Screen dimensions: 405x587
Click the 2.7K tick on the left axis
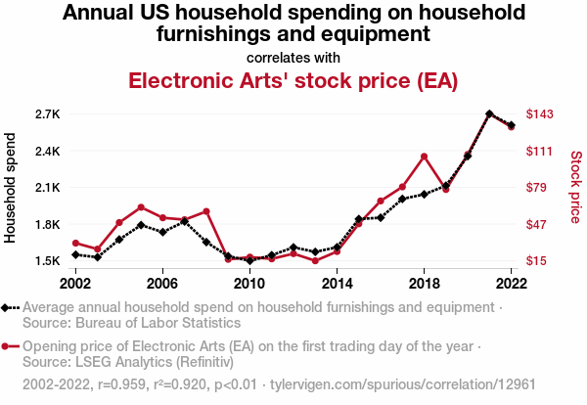coord(47,114)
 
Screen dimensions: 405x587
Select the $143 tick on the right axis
coord(540,114)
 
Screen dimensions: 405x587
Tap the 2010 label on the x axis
coord(249,283)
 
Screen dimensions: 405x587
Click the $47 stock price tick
coord(540,224)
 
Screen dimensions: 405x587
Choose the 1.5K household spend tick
coord(47,261)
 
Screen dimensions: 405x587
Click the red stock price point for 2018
coord(424,157)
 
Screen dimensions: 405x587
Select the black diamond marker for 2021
coord(489,114)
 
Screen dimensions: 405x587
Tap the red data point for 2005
coord(141,207)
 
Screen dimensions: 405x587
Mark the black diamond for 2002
coord(75,254)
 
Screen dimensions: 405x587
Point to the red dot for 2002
coord(75,244)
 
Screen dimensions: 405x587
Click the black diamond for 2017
coord(402,199)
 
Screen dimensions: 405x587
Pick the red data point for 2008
coord(206,211)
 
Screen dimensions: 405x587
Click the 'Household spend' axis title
coord(12,188)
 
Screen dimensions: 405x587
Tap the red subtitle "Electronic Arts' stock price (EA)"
coord(293,80)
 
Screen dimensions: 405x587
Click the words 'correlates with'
coord(293,57)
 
